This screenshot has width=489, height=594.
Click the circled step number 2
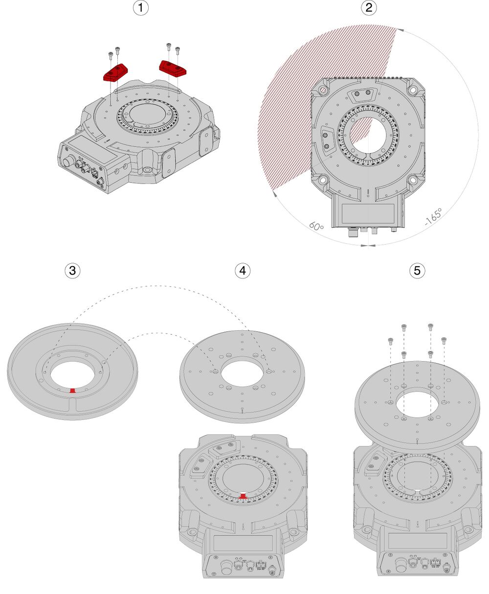368,8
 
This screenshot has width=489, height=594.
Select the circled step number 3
72,271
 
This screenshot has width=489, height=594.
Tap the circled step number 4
243,271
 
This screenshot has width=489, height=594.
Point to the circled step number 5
417,271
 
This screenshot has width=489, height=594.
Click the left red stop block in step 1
115,72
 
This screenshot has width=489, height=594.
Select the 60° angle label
317,227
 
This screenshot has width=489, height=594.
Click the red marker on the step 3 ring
72,390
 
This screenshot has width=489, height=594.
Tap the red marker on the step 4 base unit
243,497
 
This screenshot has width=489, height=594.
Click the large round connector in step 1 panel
68,161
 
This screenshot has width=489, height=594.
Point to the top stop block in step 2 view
363,93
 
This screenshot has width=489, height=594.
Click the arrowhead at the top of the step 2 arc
400,30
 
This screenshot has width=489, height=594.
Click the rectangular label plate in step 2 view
367,213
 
